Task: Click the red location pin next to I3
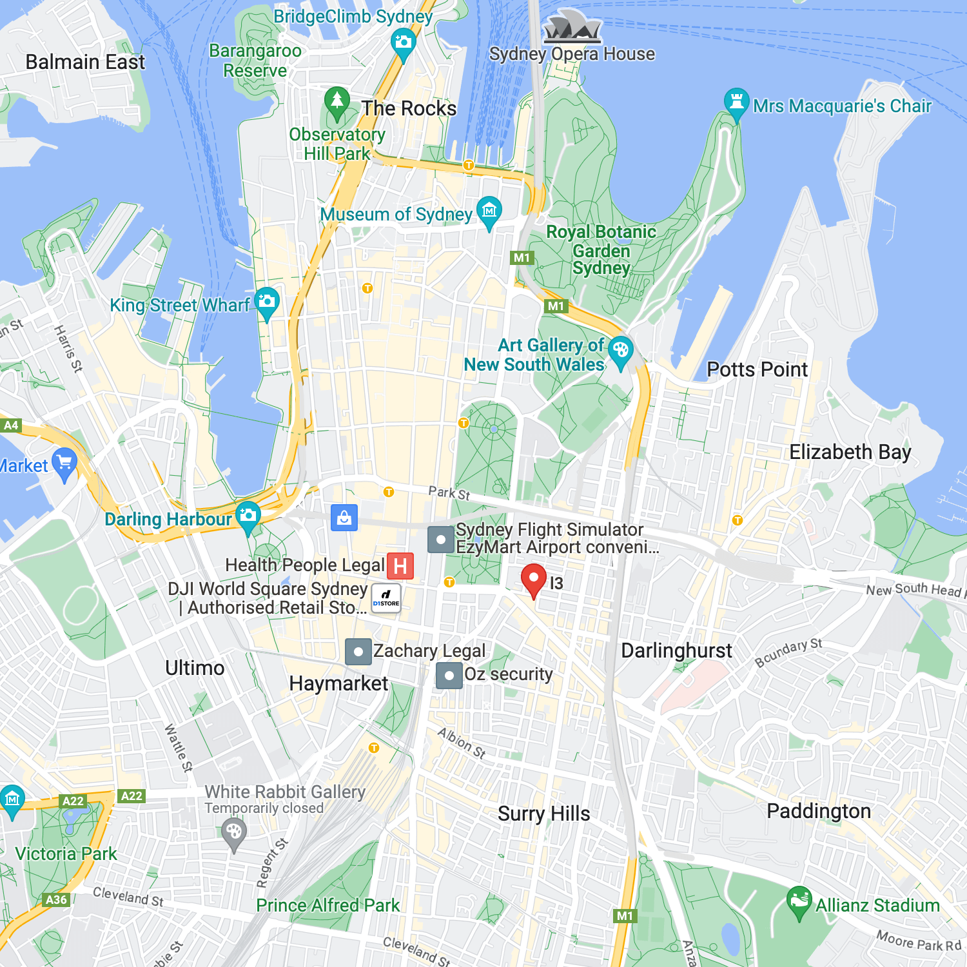pos(533,578)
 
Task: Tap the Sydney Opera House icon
pos(572,28)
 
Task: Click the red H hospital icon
pos(400,566)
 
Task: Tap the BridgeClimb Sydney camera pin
pos(404,44)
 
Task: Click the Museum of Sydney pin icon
pos(489,211)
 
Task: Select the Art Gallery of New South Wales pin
pos(620,351)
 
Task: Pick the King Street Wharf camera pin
pos(266,302)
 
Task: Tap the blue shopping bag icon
pos(344,518)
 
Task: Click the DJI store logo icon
pos(386,598)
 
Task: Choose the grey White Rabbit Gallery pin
pos(234,832)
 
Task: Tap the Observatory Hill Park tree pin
pos(337,102)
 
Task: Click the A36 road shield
pos(56,899)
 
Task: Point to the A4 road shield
pos(11,425)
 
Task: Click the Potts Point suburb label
pos(757,369)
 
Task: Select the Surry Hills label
pos(543,814)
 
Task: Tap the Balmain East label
pos(85,62)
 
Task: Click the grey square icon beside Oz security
pos(449,676)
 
